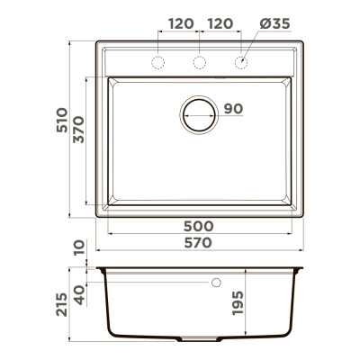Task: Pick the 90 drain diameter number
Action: tap(233, 110)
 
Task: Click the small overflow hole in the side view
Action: tap(216, 283)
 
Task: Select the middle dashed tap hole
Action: tap(200, 61)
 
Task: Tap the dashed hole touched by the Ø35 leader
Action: tap(240, 61)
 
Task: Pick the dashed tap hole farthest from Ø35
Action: tap(159, 61)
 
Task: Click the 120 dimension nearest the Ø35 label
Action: tap(220, 23)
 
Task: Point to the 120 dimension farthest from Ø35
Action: tap(180, 23)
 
